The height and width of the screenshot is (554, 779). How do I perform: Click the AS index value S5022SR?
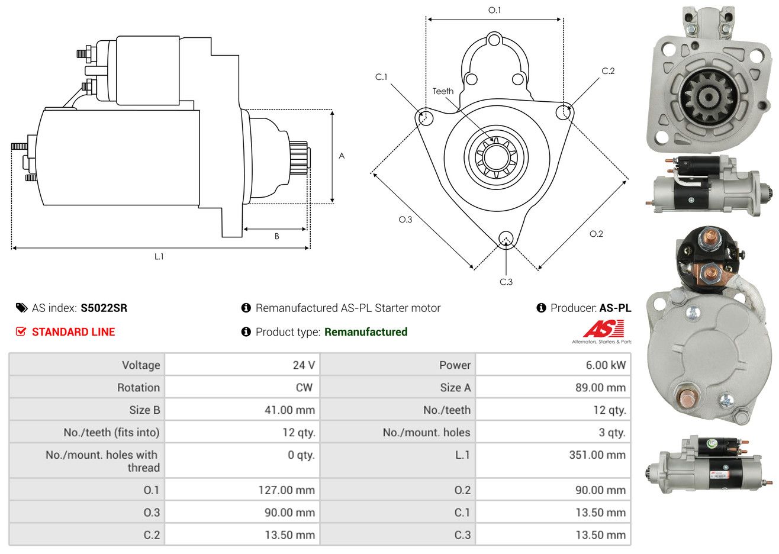pyautogui.click(x=104, y=308)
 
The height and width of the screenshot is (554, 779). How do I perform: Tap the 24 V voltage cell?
pyautogui.click(x=304, y=365)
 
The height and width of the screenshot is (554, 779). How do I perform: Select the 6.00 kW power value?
pyautogui.click(x=606, y=365)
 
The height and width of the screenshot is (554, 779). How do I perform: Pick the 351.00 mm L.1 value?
pyautogui.click(x=597, y=455)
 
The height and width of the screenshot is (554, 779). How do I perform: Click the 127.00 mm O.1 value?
pyautogui.click(x=287, y=490)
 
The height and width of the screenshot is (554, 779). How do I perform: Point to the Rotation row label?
pyautogui.click(x=139, y=388)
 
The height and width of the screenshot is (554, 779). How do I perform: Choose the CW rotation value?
pyautogui.click(x=304, y=388)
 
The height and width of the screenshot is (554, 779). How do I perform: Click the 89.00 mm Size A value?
pyautogui.click(x=600, y=388)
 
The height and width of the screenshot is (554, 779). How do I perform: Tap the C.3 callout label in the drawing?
pyautogui.click(x=506, y=282)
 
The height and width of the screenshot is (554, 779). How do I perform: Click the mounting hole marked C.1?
pyautogui.click(x=424, y=117)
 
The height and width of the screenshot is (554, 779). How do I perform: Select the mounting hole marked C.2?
pyautogui.click(x=564, y=112)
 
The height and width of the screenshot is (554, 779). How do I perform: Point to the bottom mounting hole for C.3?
pyautogui.click(x=506, y=239)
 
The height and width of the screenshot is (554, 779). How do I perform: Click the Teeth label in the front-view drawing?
pyautogui.click(x=443, y=91)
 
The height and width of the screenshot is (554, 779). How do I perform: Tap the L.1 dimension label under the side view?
pyautogui.click(x=159, y=257)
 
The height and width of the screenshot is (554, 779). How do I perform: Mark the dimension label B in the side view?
pyautogui.click(x=277, y=237)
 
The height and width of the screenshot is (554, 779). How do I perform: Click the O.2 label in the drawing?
pyautogui.click(x=596, y=234)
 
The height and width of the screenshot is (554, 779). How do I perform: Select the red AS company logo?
pyautogui.click(x=603, y=328)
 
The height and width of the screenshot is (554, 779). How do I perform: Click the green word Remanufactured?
pyautogui.click(x=366, y=332)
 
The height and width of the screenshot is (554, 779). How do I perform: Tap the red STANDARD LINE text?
pyautogui.click(x=73, y=332)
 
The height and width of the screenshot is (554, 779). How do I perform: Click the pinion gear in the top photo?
pyautogui.click(x=709, y=96)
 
